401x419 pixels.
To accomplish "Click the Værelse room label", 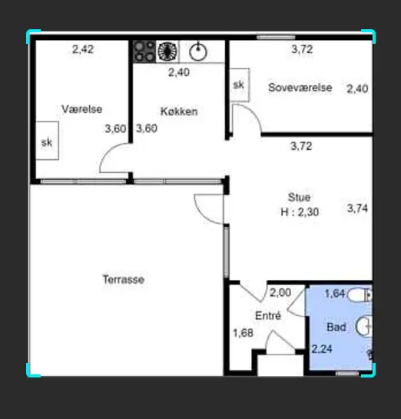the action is point(81,109).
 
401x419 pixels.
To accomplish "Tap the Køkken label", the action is point(179,111).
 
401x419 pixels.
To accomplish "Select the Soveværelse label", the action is point(300,88).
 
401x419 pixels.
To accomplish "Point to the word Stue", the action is point(300,198).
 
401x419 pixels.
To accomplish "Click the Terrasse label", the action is point(124,280).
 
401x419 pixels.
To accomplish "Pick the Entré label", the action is point(268,315).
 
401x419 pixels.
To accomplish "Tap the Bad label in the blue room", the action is point(336,327).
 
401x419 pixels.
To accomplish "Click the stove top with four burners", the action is point(144,52).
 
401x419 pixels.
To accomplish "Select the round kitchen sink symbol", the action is point(198,52).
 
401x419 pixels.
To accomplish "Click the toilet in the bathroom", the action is point(359,295).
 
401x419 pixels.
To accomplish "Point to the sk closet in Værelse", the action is point(48,141).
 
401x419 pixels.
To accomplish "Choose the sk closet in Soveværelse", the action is point(240,85).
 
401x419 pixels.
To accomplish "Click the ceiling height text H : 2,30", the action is point(300,212).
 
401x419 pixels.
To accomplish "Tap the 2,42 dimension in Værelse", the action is point(83,49).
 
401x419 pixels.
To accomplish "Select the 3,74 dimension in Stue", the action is point(357,208).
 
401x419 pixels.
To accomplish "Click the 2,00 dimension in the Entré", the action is point(280,293).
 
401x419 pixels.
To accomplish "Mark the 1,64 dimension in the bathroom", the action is point(335,294).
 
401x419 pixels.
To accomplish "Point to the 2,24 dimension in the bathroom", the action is point(322,349).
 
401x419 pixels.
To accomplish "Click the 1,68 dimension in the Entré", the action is point(244,333).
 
